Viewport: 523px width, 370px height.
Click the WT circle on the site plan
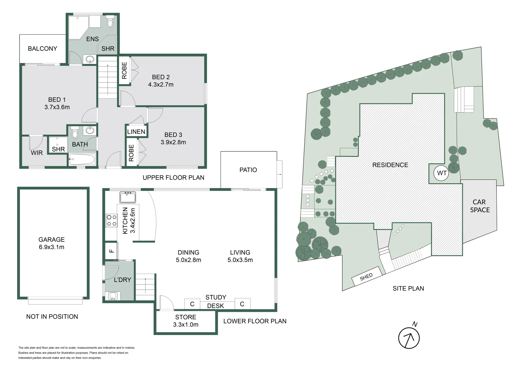tap(442, 173)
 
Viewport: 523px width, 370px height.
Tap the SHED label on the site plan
tap(366, 277)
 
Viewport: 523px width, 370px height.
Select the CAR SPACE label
tap(480, 206)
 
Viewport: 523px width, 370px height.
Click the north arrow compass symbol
tap(409, 338)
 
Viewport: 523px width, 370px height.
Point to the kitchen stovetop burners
tap(111, 220)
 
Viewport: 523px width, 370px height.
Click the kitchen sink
tap(128, 197)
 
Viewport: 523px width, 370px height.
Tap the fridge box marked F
tap(111, 251)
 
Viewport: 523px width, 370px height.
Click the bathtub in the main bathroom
tap(82, 160)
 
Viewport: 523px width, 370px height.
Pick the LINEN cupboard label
tap(136, 132)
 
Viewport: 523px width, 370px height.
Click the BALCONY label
tap(42, 49)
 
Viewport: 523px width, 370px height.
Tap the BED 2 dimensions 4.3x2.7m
tap(161, 85)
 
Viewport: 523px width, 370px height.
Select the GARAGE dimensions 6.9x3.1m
tap(51, 247)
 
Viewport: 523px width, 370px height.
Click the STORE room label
tap(186, 317)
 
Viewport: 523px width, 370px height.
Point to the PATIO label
tap(248, 170)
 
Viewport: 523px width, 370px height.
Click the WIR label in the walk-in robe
tap(37, 153)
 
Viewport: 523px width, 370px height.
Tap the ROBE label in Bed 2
tap(124, 71)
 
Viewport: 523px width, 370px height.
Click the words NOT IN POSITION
tap(52, 317)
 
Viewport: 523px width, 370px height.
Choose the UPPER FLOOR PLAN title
tap(173, 177)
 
